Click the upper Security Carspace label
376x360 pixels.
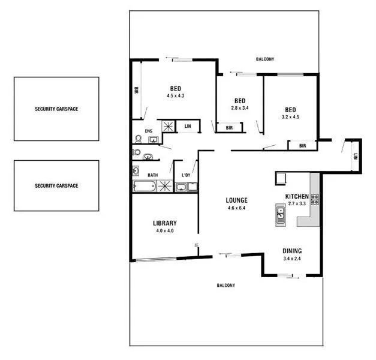coord(56,109)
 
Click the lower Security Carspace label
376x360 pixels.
coord(56,185)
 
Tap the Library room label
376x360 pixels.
coord(164,223)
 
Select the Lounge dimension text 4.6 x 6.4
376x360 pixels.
coord(237,208)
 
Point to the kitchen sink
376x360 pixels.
coord(280,214)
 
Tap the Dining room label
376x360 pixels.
coord(292,251)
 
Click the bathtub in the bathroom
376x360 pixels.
coord(145,187)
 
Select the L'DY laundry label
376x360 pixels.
coord(186,175)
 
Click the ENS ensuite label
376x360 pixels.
coord(149,131)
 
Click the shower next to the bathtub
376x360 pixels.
coord(165,186)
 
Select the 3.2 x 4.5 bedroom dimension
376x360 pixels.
coord(290,117)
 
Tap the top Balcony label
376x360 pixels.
coord(265,59)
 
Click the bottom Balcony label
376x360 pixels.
coord(226,285)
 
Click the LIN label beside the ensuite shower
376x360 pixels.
coord(188,126)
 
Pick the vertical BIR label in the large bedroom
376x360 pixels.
coord(137,91)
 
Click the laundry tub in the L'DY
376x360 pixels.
coord(181,187)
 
